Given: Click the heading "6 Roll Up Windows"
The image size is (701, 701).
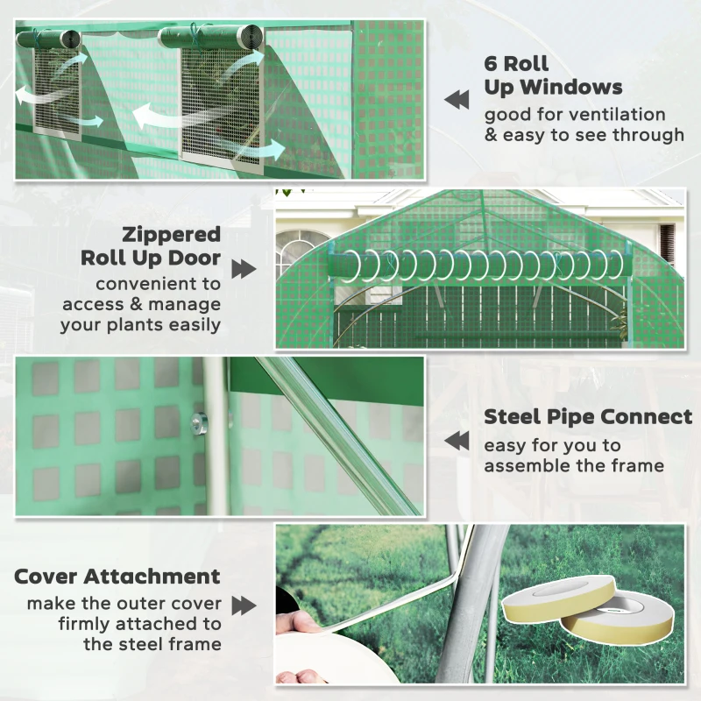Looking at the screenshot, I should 553,75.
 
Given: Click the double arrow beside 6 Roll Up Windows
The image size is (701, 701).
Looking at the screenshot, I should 457,100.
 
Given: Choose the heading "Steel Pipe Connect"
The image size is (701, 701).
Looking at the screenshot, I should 587,417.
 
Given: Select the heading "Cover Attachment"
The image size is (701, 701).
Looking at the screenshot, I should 117,577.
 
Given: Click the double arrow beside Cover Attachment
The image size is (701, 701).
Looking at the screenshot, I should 244,605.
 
